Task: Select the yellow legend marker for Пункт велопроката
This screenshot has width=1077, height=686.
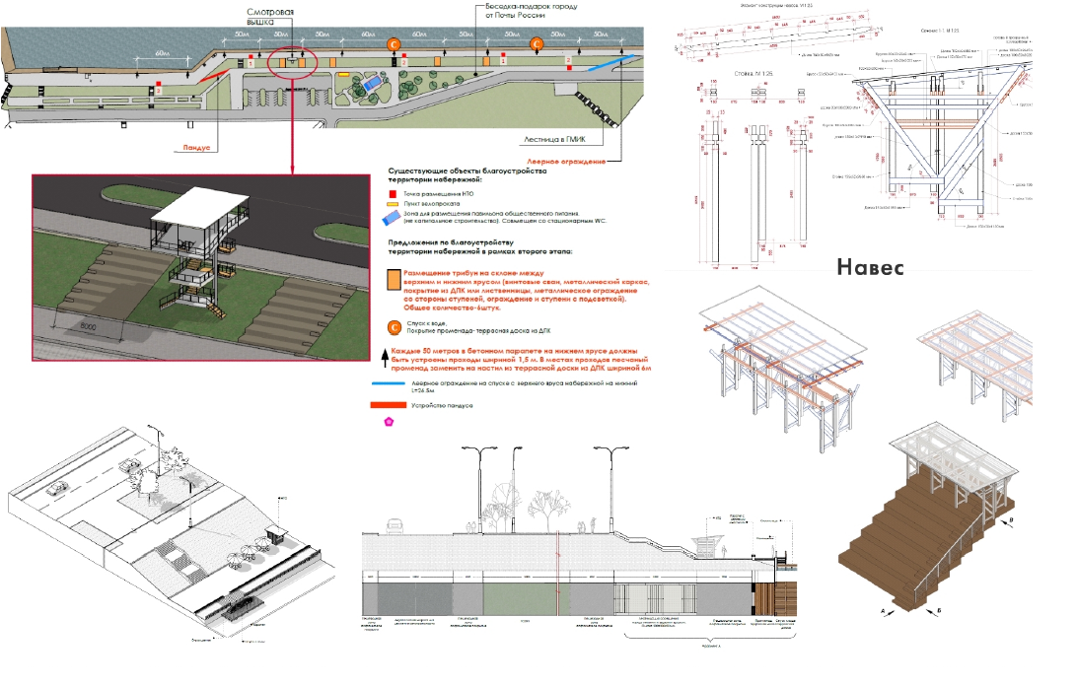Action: pyautogui.click(x=392, y=206)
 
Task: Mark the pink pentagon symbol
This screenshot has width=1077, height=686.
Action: pyautogui.click(x=389, y=422)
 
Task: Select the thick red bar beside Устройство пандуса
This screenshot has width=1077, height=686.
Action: pyautogui.click(x=392, y=406)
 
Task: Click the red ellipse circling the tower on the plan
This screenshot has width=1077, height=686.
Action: pyautogui.click(x=294, y=62)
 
